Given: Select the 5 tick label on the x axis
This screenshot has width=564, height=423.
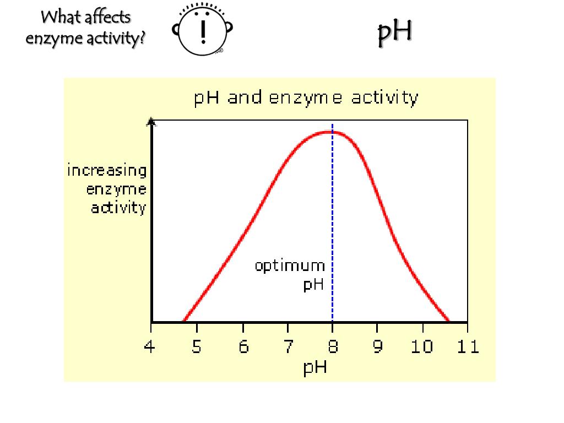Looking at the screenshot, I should point(196,347).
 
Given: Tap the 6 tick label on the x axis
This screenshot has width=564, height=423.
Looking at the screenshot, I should point(243,347).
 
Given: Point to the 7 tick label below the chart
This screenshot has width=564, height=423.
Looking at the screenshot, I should point(288,347).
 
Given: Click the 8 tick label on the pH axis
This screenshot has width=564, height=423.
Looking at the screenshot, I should point(332,347).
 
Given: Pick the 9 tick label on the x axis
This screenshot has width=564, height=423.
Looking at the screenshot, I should point(378,347).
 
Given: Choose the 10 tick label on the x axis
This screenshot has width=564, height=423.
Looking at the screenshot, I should point(422,347).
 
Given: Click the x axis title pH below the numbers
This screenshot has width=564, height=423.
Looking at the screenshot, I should point(315,367).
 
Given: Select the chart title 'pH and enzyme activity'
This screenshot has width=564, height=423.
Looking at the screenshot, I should point(306,98).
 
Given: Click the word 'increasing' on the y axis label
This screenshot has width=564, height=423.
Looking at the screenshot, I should point(107,171).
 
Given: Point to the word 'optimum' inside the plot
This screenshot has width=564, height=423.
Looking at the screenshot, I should point(290,266).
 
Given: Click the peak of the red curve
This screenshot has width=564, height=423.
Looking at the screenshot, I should point(330,132).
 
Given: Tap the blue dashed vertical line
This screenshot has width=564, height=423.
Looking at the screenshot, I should point(332,220).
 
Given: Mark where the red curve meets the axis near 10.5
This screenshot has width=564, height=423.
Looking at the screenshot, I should point(448,321).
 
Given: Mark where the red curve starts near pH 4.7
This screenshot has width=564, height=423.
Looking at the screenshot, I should point(183,321).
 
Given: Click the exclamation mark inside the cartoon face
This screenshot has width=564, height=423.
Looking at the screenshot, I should point(204,31).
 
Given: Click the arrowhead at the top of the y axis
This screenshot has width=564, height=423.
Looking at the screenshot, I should point(151,122).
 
